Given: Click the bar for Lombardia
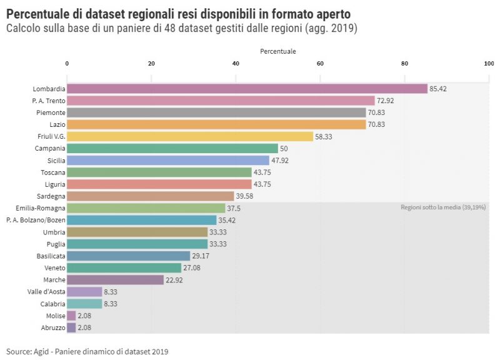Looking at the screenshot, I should tap(247, 89).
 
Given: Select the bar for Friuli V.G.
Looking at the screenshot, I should tap(190, 136).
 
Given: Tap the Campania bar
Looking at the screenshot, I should tap(172, 148).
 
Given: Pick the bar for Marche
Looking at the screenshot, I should tap(115, 279).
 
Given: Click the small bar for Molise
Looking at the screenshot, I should tap(71, 316).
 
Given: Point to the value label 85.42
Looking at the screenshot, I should tap(438, 89).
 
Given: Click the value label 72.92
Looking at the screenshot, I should tap(385, 101).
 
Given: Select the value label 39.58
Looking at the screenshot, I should tap(244, 196).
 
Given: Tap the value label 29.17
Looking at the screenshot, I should tap(201, 256).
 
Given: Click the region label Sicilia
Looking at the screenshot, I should tap(56, 161).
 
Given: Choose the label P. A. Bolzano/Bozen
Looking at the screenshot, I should tap(36, 220).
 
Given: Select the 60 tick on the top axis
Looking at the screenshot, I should tap(320, 63).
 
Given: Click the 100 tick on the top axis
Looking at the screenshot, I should tap(489, 63).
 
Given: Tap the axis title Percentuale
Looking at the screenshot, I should tap(278, 51).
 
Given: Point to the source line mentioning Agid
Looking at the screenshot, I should tap(87, 351).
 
